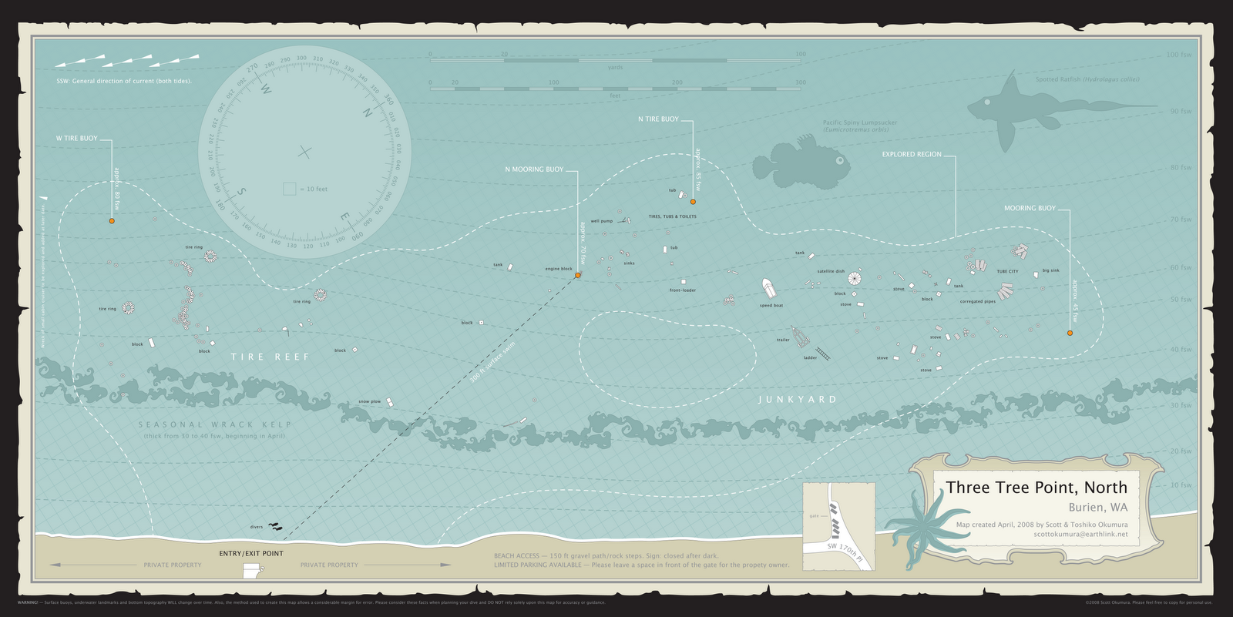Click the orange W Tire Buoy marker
(x=111, y=221)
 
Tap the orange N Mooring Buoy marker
(x=577, y=275)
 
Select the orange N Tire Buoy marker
(x=693, y=202)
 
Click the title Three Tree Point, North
(x=1036, y=488)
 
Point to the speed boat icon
(x=769, y=290)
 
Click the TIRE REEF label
(x=270, y=357)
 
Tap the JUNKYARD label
(x=797, y=400)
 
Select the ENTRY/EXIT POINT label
(x=250, y=553)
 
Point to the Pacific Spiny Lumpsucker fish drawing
(x=801, y=162)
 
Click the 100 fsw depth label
(x=1178, y=55)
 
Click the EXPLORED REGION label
(x=912, y=155)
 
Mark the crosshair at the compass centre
(x=305, y=153)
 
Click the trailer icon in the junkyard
(x=800, y=337)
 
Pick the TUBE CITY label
(x=1007, y=272)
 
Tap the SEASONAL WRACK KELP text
(x=215, y=424)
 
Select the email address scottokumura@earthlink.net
(x=1080, y=534)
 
